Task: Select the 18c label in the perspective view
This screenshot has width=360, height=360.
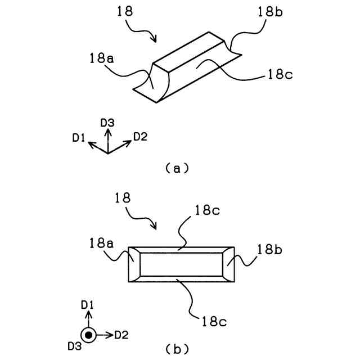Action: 276,75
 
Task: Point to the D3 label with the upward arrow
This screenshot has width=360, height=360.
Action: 107,122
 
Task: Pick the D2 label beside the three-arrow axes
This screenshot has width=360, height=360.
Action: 140,136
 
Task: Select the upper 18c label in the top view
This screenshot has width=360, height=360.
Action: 208,211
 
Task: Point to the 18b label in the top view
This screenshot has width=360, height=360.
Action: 271,249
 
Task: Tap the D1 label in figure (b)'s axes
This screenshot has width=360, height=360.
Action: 87,305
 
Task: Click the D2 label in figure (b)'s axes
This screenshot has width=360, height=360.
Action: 121,335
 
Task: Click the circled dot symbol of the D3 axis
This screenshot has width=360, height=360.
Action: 88,335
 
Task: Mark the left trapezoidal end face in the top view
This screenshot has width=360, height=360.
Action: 134,264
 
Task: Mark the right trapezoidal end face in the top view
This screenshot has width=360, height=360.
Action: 227,264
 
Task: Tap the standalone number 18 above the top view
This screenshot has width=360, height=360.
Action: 123,198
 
